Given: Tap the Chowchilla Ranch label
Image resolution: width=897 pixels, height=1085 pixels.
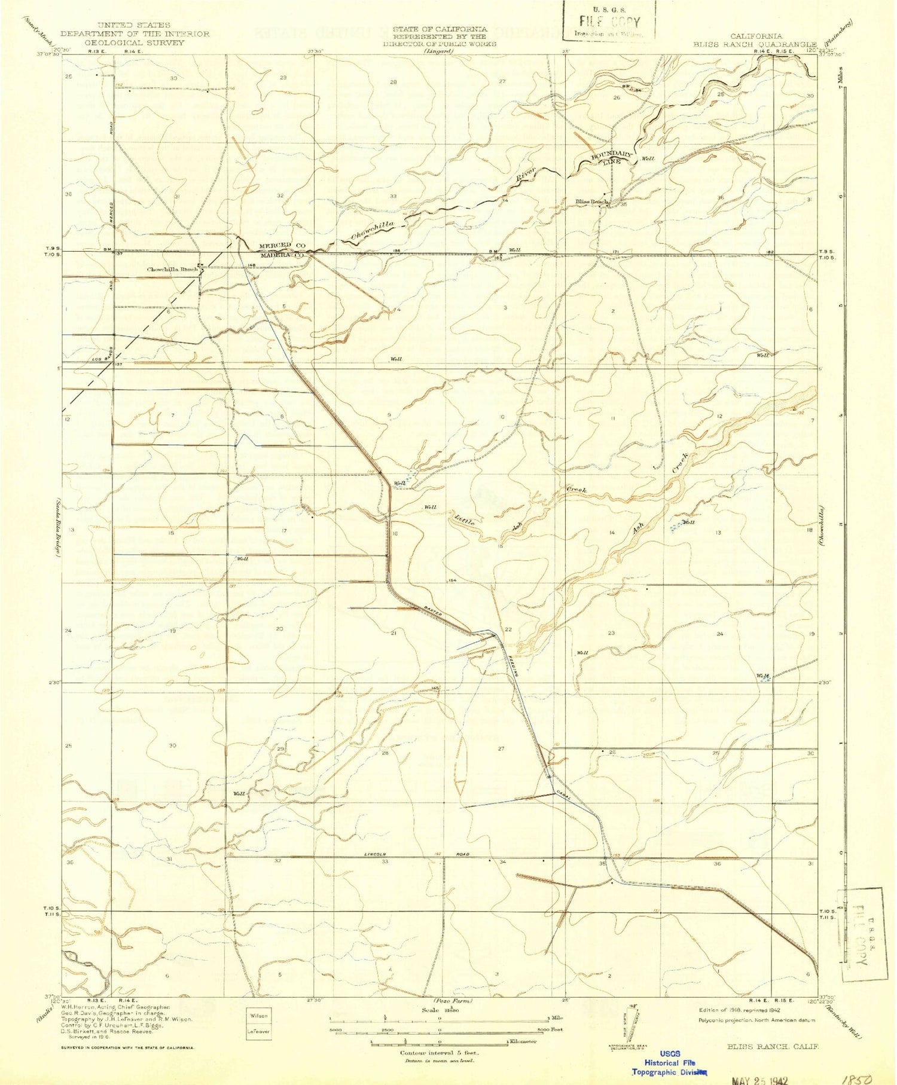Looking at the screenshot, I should coord(172,270).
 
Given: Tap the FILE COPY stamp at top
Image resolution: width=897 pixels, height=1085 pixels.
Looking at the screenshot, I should coord(609,23).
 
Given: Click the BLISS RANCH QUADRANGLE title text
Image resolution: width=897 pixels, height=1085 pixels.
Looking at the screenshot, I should coord(755,44).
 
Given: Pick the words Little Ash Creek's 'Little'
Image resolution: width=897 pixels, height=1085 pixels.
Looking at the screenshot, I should coord(464,520).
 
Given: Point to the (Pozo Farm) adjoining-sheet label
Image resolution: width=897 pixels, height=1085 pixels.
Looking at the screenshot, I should coord(452,1001).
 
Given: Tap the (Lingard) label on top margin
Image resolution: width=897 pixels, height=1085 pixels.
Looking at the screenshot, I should coord(439,51).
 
